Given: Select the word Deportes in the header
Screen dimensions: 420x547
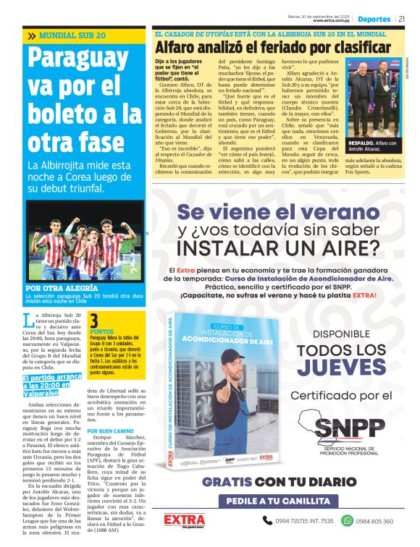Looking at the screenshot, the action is coord(374,19).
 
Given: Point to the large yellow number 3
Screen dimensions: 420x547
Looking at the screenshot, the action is coord(93,321).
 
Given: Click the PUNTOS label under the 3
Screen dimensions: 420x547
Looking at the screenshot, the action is coord(101,331).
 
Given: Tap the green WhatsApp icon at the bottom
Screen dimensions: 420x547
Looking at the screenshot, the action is coord(347,520).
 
